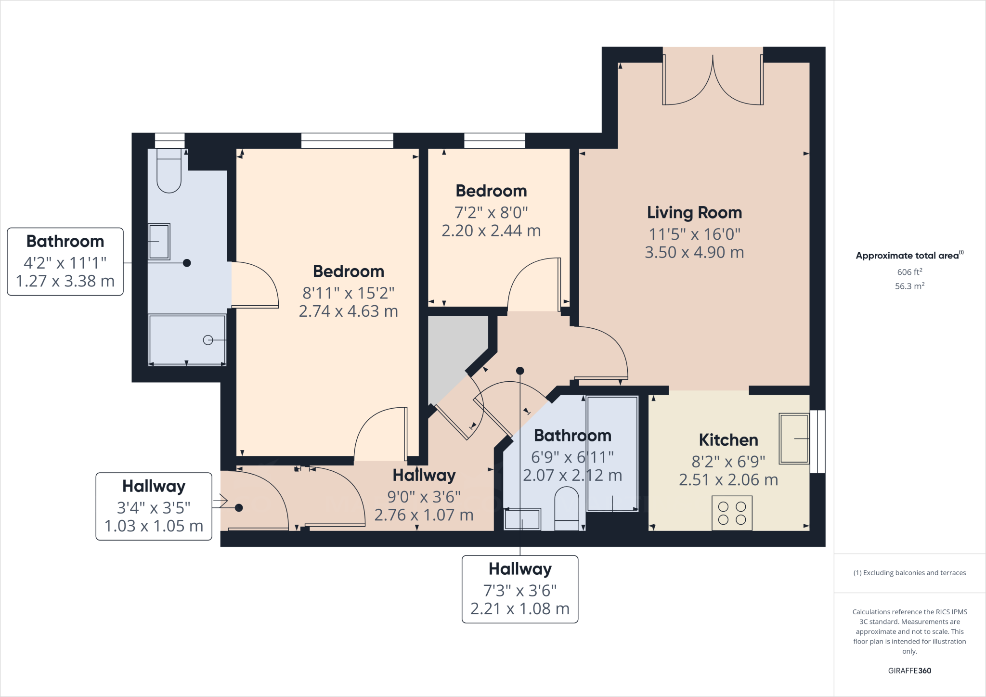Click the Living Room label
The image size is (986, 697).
click(694, 213)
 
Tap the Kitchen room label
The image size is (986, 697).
click(728, 440)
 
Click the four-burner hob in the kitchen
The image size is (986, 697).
click(732, 513)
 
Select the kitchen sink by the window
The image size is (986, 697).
click(793, 439)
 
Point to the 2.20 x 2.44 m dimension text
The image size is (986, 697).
click(491, 231)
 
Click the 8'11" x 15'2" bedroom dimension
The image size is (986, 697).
click(348, 293)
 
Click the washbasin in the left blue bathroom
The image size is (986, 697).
click(159, 242)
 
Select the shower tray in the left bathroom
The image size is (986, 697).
click(187, 339)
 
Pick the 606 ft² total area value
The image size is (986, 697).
click(909, 272)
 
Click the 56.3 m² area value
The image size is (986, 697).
click(909, 286)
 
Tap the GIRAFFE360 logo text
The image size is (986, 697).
click(909, 671)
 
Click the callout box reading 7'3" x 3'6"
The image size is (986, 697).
click(520, 590)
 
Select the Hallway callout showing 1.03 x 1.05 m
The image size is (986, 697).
click(154, 506)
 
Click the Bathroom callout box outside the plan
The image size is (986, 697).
click(65, 261)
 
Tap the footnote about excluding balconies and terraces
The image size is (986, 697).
click(909, 573)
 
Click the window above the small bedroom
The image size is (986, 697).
click(494, 141)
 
